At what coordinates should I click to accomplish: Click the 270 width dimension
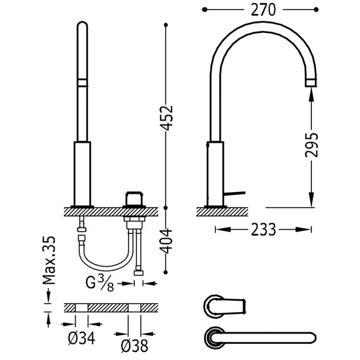(x=263, y=10)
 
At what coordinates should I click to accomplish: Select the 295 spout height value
(x=311, y=145)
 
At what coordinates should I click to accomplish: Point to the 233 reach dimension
(x=263, y=230)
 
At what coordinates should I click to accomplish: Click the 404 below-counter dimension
(x=166, y=241)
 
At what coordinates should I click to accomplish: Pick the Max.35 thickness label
(x=49, y=260)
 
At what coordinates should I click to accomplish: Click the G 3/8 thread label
(x=100, y=283)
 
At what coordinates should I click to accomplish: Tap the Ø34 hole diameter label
(x=82, y=338)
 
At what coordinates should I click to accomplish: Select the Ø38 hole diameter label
(x=134, y=346)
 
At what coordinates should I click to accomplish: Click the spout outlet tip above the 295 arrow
(x=311, y=83)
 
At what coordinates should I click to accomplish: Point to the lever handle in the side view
(x=235, y=193)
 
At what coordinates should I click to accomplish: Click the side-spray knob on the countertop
(x=134, y=199)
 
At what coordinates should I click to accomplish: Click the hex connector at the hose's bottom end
(x=139, y=273)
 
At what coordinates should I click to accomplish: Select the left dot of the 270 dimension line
(x=205, y=10)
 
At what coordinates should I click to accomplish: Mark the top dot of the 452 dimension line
(x=166, y=25)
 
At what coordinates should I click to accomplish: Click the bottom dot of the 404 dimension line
(x=166, y=272)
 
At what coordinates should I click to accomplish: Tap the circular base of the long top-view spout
(x=215, y=338)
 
